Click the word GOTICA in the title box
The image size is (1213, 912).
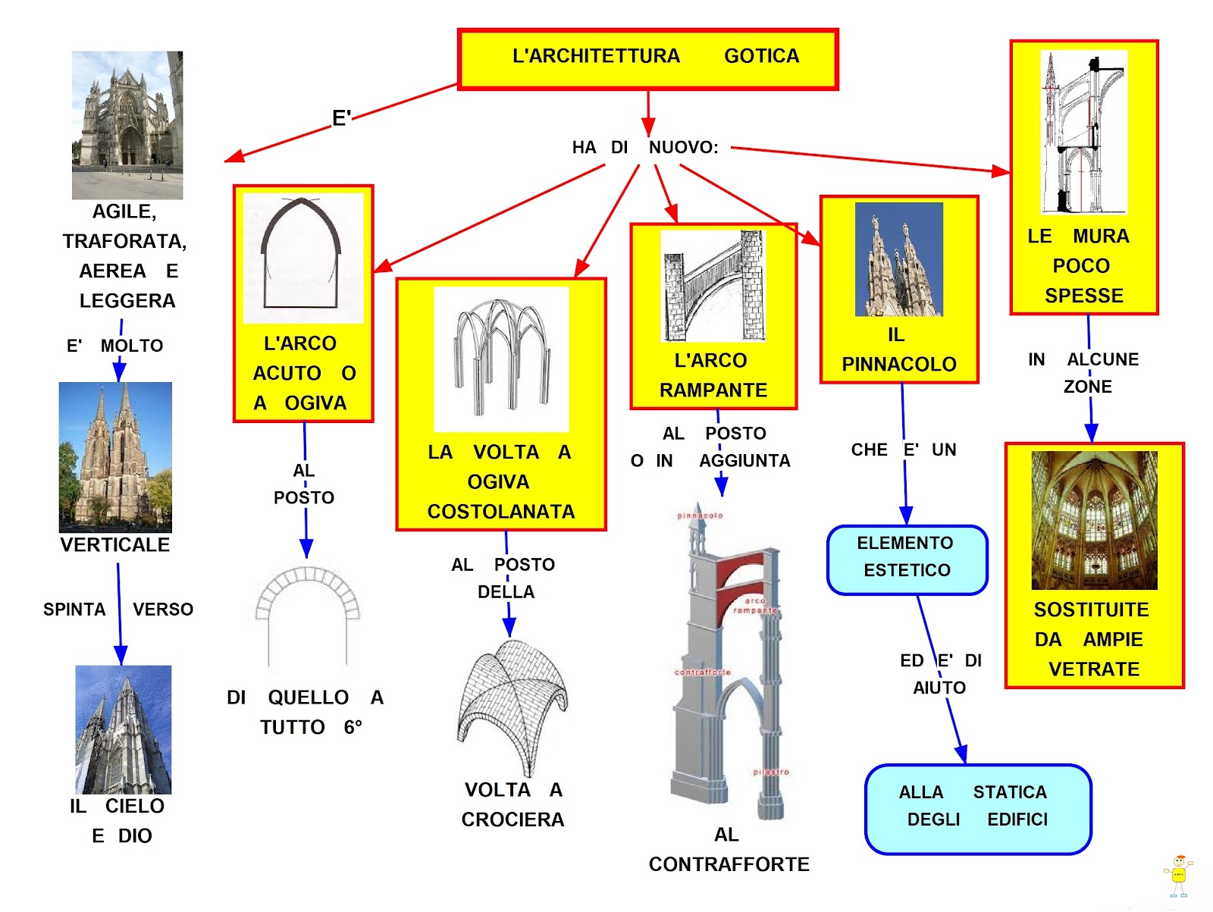coord(761,56)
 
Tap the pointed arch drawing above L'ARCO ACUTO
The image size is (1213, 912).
coord(302,255)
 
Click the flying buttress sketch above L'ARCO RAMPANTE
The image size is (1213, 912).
coord(713,286)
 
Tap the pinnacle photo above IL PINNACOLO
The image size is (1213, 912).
coord(899,259)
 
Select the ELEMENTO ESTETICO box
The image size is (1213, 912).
coord(907,559)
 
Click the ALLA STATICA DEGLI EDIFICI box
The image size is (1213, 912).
coord(977,808)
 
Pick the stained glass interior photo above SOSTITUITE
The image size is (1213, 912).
coord(1094,520)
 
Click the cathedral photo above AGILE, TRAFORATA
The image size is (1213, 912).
coord(127,125)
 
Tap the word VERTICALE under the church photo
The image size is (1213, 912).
coord(115,545)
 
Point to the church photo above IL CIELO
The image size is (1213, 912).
coord(124,729)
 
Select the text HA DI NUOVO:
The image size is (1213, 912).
coord(645,147)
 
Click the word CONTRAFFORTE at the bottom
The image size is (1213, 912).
coord(729,864)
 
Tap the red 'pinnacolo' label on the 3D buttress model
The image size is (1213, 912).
coord(700,516)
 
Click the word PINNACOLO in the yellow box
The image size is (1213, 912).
coord(899,365)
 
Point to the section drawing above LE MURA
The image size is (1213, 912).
coord(1084,133)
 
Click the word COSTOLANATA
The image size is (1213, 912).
coord(501,512)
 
